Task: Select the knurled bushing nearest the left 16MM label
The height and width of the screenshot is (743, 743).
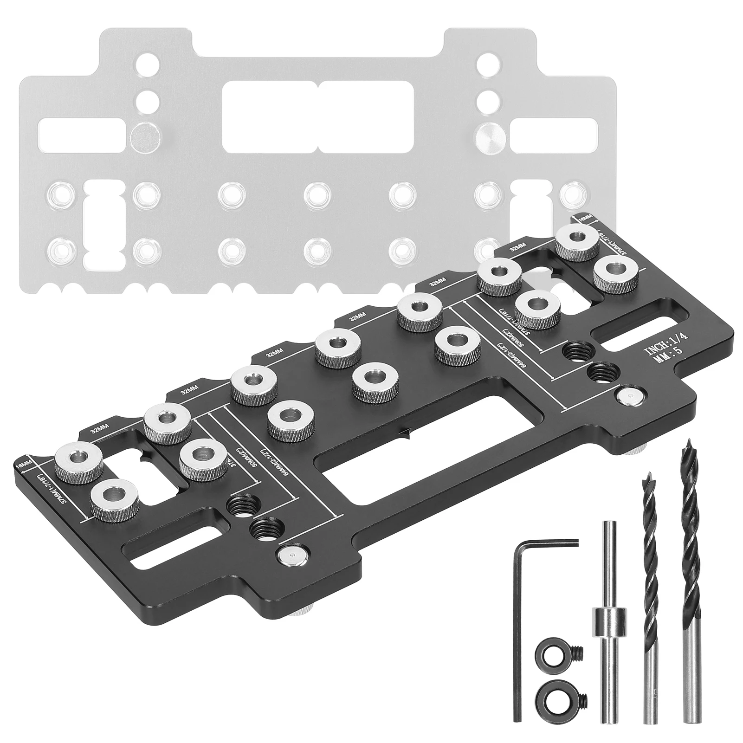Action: (x=77, y=460)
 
